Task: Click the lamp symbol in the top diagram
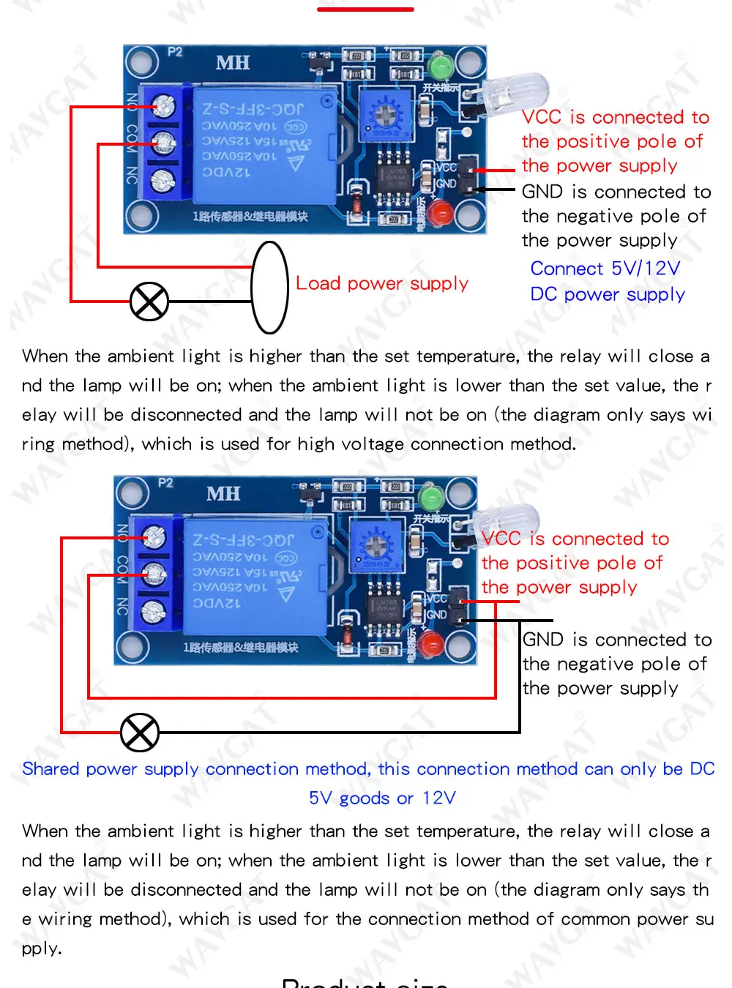149,302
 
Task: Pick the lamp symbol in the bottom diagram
139,732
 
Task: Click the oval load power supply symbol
269,288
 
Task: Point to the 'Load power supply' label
382,283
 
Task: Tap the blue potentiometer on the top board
386,116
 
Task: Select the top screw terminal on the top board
165,108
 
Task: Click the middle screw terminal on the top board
163,143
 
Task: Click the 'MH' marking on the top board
233,63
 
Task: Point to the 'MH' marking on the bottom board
223,494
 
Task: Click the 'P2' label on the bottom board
165,482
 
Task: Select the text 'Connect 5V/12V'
605,269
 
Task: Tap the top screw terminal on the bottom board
154,538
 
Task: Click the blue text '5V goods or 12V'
382,798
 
